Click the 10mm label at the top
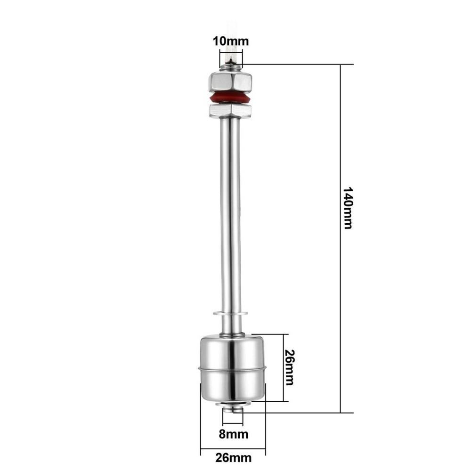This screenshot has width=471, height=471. tap(230, 41)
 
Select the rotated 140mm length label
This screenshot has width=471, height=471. tap(347, 208)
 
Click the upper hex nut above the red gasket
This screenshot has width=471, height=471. tap(230, 83)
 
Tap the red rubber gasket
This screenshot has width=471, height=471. tap(230, 98)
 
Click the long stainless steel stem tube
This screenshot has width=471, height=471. tap(230, 212)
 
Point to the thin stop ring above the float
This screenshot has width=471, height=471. tap(230, 312)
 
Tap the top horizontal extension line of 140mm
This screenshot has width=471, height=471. tap(297, 64)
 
